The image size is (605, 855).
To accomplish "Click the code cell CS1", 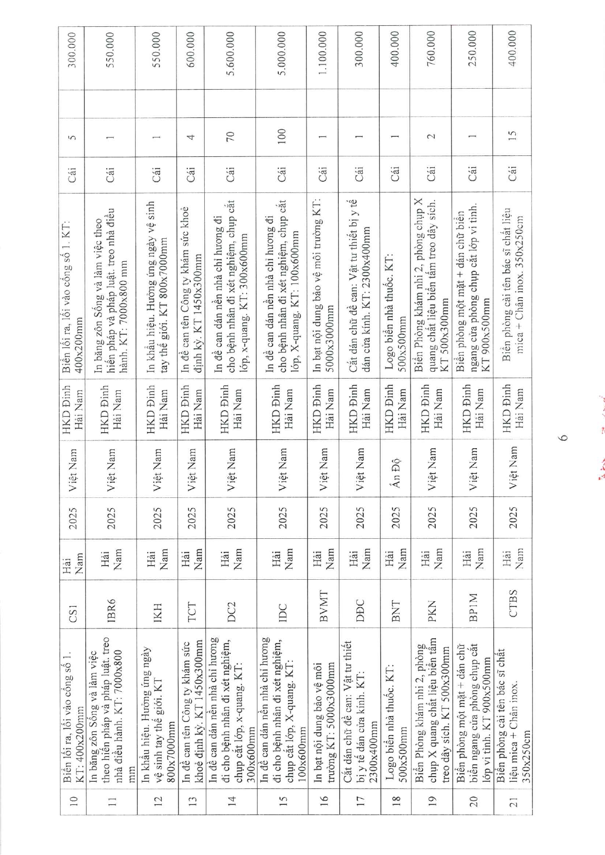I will [72, 608].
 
